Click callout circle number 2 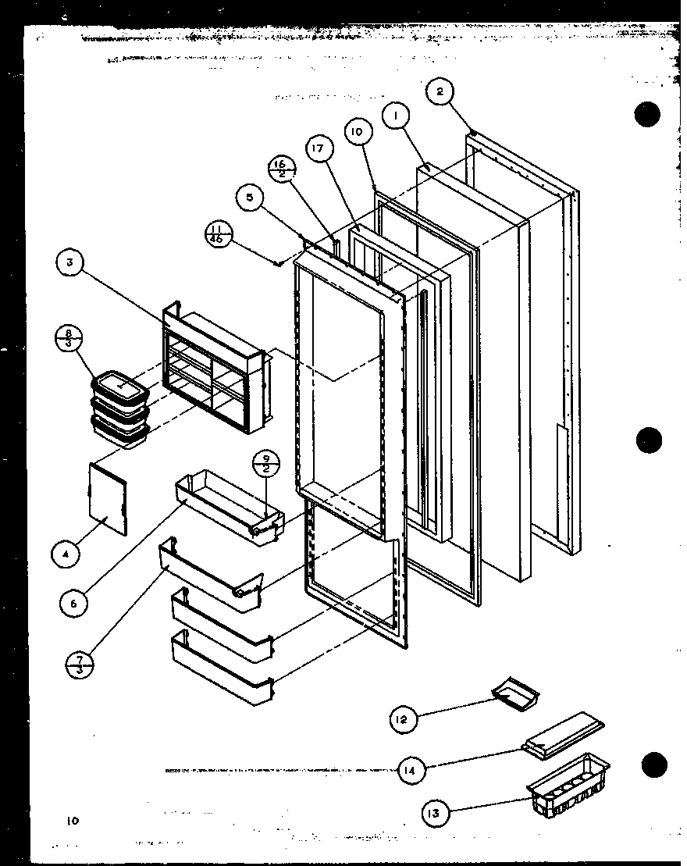coord(440,92)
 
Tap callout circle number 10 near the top coord(356,132)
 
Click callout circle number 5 coord(249,198)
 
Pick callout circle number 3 coord(69,263)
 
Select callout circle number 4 coord(65,555)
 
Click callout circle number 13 coord(433,814)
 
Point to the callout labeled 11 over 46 coord(216,234)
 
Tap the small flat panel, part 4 coord(107,498)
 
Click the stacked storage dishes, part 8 coord(119,408)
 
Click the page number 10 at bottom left coord(73,821)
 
